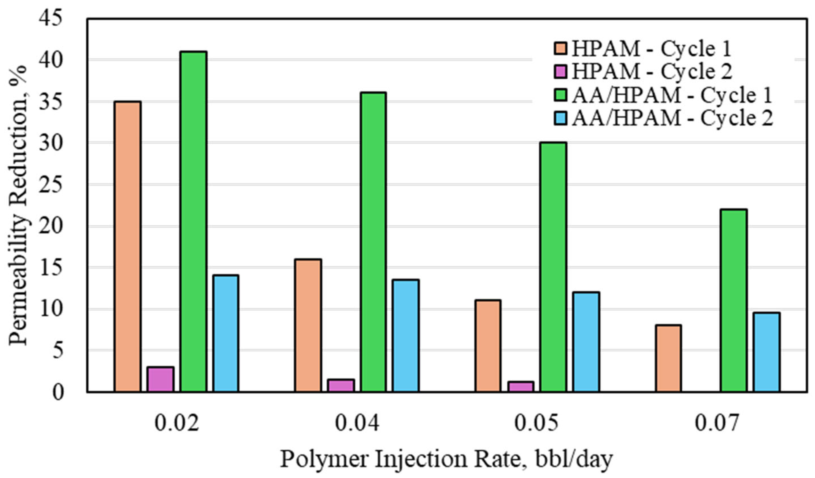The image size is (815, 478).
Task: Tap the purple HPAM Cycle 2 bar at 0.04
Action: coord(341,385)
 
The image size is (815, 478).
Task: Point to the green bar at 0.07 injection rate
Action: coord(734,300)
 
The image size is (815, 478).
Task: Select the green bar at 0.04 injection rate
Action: coord(373,242)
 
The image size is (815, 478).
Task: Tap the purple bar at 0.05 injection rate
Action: coord(521,387)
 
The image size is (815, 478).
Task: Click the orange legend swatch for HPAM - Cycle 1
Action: coord(560,49)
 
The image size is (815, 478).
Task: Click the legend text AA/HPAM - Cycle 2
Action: coord(672,118)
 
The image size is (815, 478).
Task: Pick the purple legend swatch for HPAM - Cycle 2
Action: coord(560,72)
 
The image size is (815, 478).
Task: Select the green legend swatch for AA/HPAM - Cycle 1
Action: coord(560,95)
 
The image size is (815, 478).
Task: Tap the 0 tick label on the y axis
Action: coord(58,393)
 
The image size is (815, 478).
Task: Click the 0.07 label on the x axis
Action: coord(717,424)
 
